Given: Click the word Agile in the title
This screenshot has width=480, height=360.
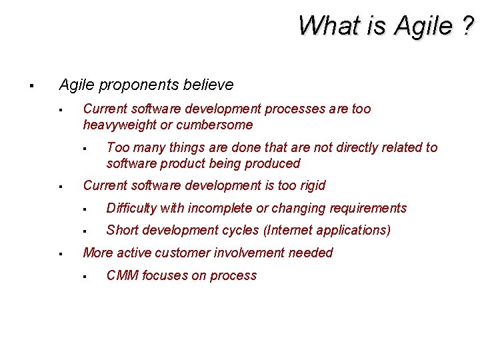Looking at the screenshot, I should tap(423, 27).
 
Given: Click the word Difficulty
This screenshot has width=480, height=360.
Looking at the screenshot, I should tap(131, 208).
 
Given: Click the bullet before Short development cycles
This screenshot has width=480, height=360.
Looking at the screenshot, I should tap(85, 231).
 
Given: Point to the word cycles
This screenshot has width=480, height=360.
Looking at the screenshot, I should tap(241, 230).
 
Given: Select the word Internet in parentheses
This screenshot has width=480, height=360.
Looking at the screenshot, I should tap(293, 230).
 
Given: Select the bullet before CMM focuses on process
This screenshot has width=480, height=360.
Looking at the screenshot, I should tap(85, 276).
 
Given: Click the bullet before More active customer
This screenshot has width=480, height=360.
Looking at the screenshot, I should tap(60, 253).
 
